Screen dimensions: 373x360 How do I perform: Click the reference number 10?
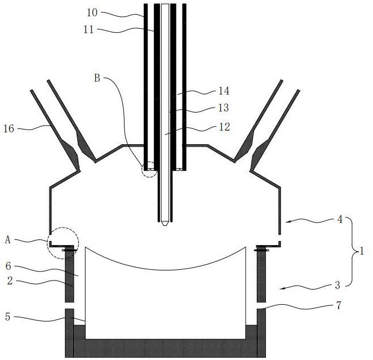(92, 12)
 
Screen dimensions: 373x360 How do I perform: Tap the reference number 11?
(88, 30)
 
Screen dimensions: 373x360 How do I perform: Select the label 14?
(224, 91)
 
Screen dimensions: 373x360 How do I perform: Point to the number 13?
(223, 108)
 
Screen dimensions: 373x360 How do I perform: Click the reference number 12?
(224, 127)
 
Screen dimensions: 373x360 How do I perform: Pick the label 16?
(9, 128)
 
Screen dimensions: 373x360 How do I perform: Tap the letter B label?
(97, 78)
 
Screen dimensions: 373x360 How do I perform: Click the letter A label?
(8, 240)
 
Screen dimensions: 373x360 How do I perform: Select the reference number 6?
(8, 266)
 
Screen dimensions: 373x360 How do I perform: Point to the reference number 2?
(10, 281)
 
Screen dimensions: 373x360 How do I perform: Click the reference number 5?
(8, 317)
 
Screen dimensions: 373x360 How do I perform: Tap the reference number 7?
(339, 305)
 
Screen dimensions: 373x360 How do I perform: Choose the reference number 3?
(338, 285)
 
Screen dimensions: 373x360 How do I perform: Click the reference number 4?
(340, 220)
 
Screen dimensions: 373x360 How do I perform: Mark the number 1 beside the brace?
(362, 251)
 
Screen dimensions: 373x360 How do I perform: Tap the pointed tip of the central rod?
(165, 225)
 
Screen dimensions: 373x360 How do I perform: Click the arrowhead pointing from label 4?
(287, 222)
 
